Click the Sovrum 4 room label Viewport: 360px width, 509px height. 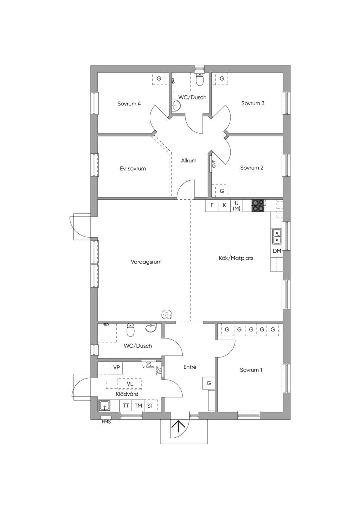(x=129, y=104)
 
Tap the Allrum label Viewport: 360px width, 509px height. (x=189, y=161)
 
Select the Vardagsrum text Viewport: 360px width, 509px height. (x=146, y=262)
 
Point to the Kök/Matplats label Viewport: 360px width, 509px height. (x=236, y=258)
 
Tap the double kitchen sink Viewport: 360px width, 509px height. (x=277, y=237)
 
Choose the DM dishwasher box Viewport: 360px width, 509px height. (x=277, y=251)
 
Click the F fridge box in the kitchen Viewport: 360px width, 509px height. (x=212, y=205)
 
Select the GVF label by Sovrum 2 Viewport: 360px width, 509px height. (x=214, y=164)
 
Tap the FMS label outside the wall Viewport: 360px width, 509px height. (x=106, y=422)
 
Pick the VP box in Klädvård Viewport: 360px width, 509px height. (x=116, y=367)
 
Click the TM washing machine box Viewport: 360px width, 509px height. (x=138, y=406)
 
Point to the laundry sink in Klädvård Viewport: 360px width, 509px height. (x=104, y=406)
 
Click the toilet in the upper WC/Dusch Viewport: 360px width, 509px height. (x=200, y=79)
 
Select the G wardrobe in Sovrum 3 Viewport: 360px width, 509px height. (x=222, y=79)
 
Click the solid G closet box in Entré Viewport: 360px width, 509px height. (x=208, y=383)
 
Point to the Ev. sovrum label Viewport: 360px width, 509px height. (x=133, y=169)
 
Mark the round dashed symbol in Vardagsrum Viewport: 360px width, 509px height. (x=167, y=315)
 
